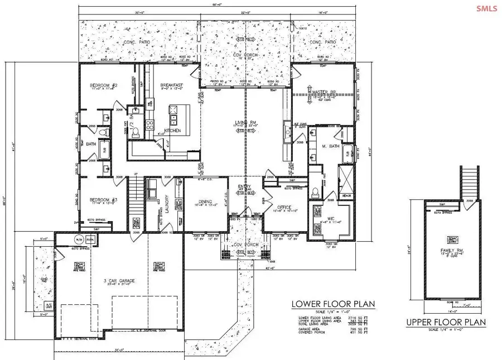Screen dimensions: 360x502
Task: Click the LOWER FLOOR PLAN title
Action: (x=333, y=304)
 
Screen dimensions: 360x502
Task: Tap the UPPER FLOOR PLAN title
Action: (x=446, y=322)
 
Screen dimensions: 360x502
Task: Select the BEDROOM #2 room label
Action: (x=102, y=86)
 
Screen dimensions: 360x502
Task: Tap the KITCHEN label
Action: (x=172, y=130)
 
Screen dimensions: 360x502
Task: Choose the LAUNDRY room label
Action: (x=166, y=200)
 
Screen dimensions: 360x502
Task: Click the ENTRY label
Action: (x=244, y=187)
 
